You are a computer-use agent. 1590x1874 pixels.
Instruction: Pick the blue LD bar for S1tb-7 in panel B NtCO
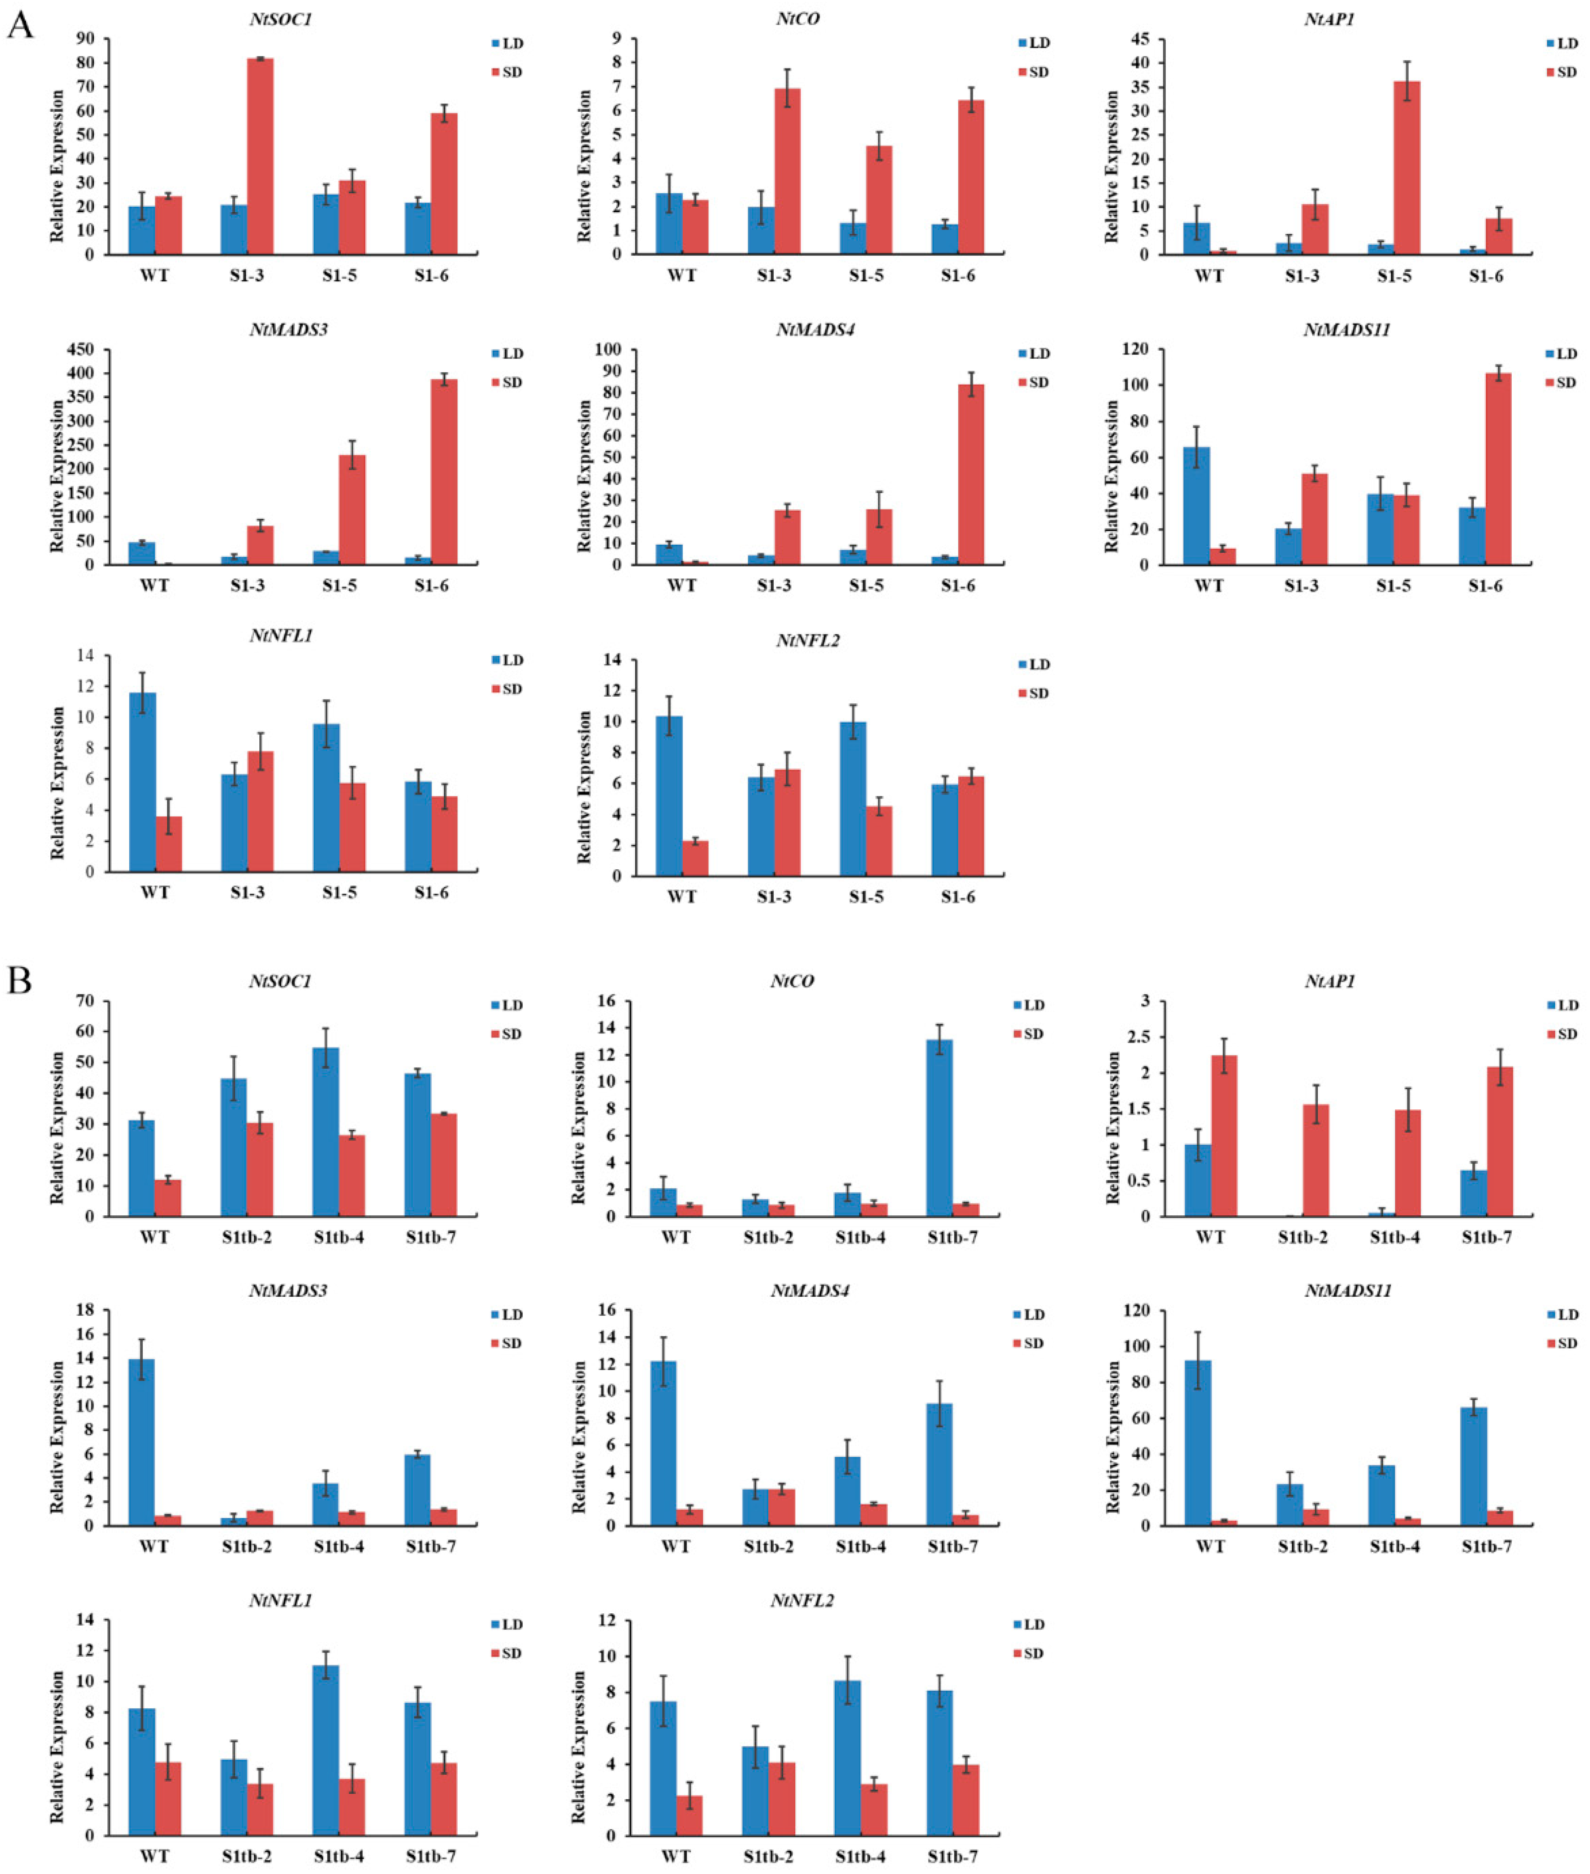pos(939,1128)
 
